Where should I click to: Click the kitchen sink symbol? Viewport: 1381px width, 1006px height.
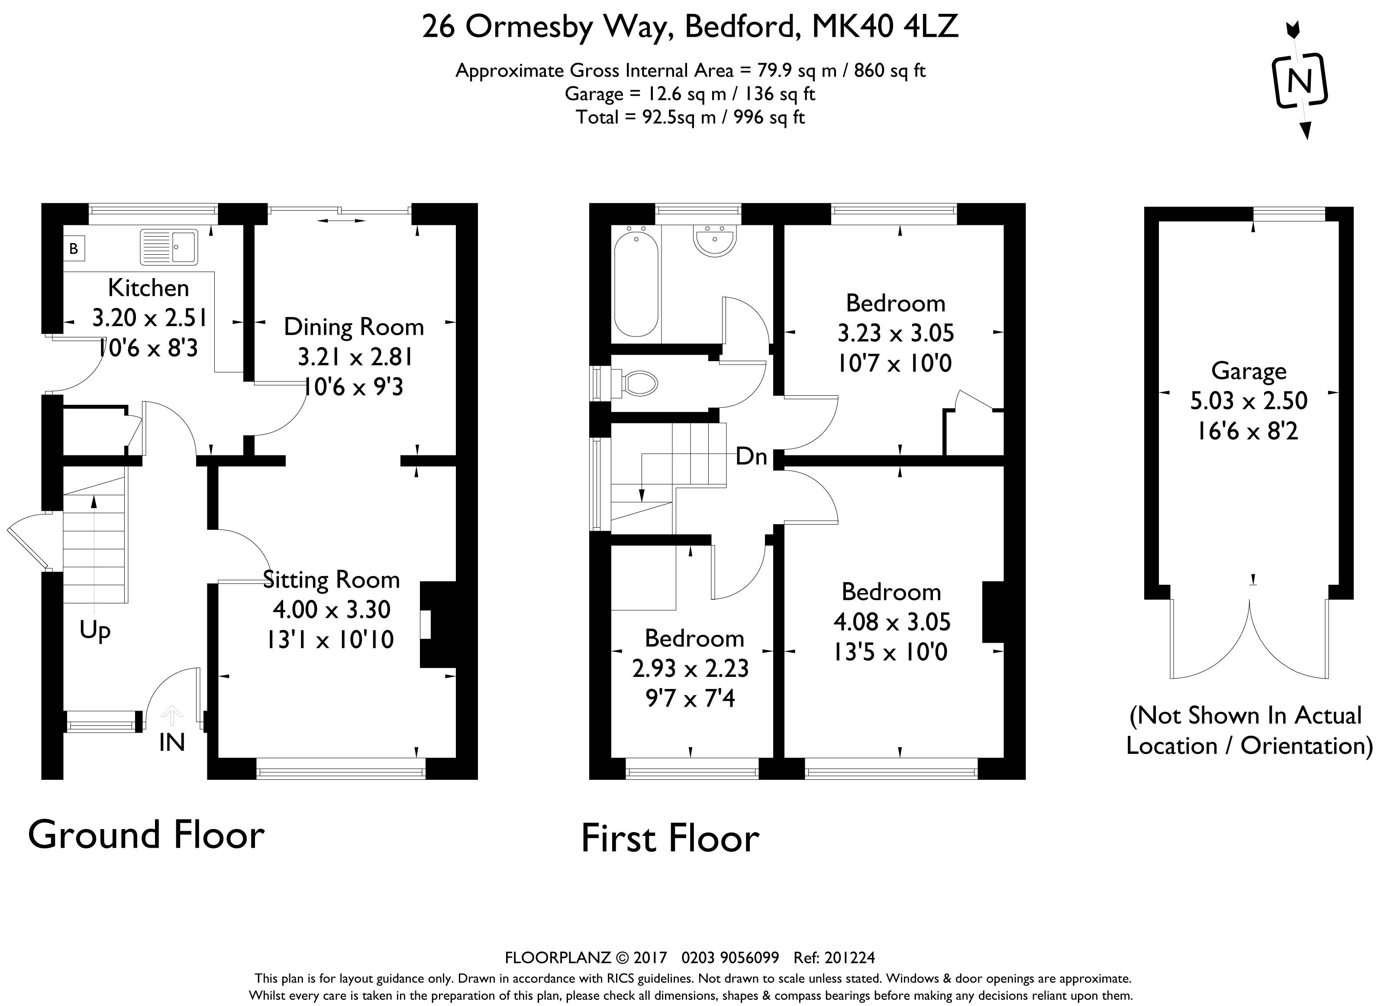[169, 247]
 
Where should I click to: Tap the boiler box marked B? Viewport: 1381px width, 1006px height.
[74, 248]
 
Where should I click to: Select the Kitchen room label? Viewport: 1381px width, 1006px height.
[148, 288]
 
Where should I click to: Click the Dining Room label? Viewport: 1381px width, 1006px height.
[354, 327]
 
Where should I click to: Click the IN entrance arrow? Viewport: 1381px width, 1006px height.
[172, 715]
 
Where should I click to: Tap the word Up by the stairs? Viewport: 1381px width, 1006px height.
[95, 631]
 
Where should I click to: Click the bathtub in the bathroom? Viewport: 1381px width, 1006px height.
[636, 283]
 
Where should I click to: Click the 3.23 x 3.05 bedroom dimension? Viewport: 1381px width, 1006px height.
[895, 333]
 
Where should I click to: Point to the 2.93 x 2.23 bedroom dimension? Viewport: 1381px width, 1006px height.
[690, 668]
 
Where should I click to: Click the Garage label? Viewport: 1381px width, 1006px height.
[1249, 371]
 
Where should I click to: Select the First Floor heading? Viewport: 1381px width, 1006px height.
[670, 839]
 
